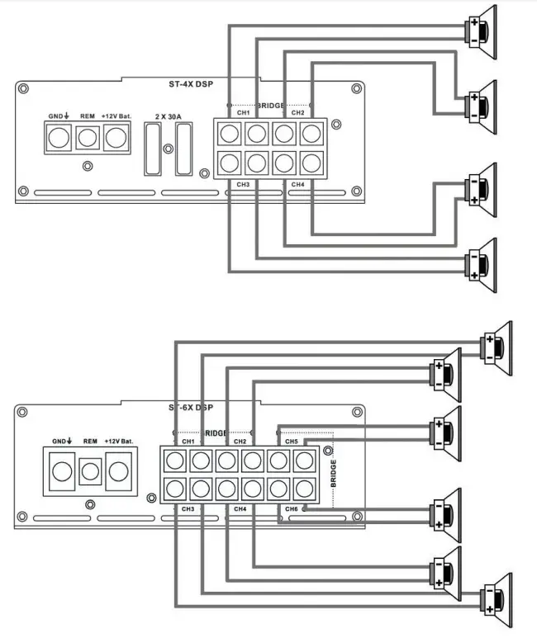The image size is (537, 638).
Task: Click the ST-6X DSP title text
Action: point(191,408)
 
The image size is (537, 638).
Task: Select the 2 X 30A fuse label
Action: point(169,116)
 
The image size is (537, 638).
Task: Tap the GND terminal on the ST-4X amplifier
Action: point(58,139)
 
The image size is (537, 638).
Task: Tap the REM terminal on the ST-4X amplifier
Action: point(88,139)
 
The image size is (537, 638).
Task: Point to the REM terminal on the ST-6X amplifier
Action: point(90,473)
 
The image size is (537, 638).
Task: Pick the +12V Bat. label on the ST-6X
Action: point(119,442)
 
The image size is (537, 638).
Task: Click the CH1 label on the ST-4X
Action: point(243,113)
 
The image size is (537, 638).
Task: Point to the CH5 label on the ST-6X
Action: point(292,442)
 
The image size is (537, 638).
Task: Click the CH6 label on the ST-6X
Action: point(292,509)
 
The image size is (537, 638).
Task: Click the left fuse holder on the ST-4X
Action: point(152,149)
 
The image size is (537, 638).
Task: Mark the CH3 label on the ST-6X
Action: point(188,509)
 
